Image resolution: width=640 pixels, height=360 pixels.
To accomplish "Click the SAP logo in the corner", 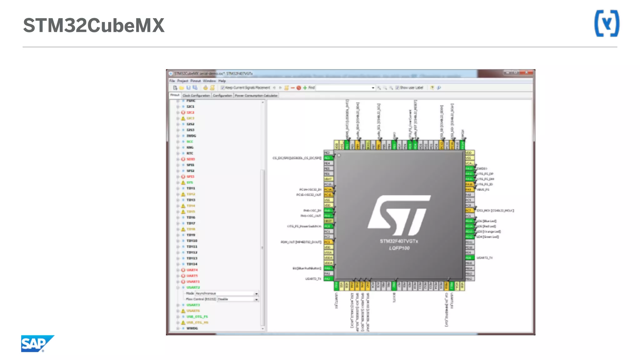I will pyautogui.click(x=37, y=343).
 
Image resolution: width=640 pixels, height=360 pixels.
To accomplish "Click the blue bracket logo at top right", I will pyautogui.click(x=607, y=23).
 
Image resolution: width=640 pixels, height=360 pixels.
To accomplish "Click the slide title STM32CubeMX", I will pyautogui.click(x=94, y=25).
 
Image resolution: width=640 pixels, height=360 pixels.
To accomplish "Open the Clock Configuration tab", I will pyautogui.click(x=196, y=96).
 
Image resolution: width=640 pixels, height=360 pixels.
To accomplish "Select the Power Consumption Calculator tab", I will pyautogui.click(x=256, y=96).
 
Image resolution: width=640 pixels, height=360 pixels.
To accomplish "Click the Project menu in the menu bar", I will pyautogui.click(x=182, y=81).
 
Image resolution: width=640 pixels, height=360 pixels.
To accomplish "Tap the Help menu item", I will pyautogui.click(x=222, y=81).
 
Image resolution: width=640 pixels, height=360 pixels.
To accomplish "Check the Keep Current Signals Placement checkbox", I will pyautogui.click(x=223, y=88).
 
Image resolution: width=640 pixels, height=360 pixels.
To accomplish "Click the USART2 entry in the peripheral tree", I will pyautogui.click(x=193, y=287).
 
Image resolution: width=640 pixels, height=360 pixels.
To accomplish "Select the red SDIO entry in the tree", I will pyautogui.click(x=191, y=159).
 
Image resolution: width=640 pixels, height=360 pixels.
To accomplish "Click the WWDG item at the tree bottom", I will pyautogui.click(x=192, y=328).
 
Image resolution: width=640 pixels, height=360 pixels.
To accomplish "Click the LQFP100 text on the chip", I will pyautogui.click(x=399, y=248).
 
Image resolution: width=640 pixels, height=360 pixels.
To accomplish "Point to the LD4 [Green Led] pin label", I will pyautogui.click(x=487, y=237).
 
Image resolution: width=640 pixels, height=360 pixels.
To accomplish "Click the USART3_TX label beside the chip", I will pyautogui.click(x=484, y=258).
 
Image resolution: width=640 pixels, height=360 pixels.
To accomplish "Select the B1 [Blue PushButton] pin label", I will pyautogui.click(x=307, y=268).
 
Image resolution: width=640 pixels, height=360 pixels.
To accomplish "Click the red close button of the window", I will pyautogui.click(x=527, y=72).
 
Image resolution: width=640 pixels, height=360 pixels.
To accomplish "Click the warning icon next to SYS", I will pyautogui.click(x=183, y=182).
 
